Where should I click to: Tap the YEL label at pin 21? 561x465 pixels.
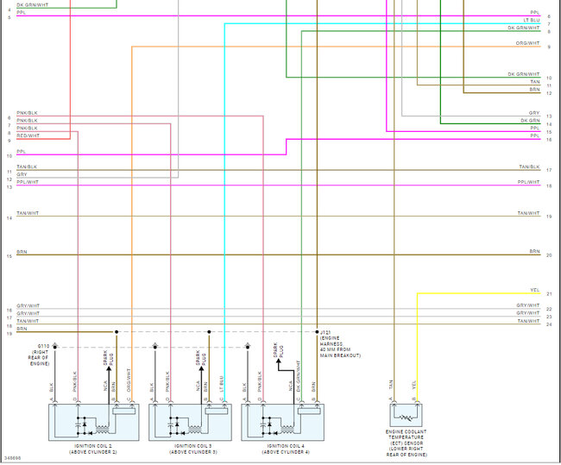pos(534,290)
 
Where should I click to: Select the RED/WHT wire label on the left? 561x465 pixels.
pos(28,135)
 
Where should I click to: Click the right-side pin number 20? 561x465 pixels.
pos(549,255)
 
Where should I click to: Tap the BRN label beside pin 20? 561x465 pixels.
pos(534,251)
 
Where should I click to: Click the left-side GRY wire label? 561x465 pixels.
pos(22,174)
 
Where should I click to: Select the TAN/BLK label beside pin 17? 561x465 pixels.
pos(528,167)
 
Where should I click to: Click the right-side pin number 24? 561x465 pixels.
pos(549,324)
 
